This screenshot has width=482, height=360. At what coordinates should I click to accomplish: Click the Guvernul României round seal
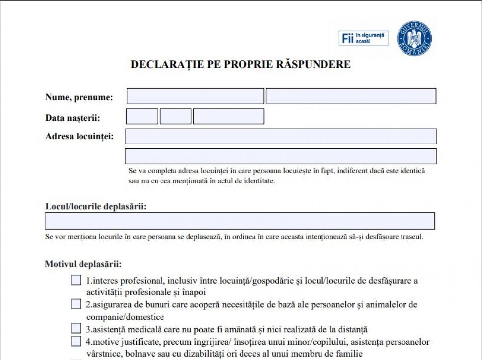(x=414, y=38)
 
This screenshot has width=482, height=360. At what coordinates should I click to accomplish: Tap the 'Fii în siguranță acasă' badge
(x=364, y=38)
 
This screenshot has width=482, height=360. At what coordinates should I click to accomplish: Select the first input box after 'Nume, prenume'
(x=195, y=96)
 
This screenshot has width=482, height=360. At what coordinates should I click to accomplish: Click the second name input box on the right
(x=351, y=96)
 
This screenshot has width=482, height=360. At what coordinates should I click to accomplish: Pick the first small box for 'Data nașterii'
(x=142, y=116)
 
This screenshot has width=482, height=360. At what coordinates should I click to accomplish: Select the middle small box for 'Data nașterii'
(x=175, y=116)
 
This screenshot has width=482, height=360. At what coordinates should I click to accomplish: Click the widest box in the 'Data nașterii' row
(x=229, y=116)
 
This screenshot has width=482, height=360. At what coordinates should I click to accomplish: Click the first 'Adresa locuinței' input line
(x=281, y=137)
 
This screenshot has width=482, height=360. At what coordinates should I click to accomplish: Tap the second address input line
(x=281, y=156)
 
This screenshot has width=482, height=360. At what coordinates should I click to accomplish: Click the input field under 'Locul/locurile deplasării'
(x=240, y=221)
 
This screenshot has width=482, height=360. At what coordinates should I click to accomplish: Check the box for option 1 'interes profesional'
(x=76, y=280)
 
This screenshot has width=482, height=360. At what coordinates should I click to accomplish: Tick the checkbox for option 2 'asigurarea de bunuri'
(x=76, y=304)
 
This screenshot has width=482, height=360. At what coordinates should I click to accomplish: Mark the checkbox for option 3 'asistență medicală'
(x=76, y=328)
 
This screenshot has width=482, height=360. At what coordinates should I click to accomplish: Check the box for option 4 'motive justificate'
(x=76, y=341)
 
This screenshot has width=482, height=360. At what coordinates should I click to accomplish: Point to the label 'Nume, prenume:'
(x=79, y=97)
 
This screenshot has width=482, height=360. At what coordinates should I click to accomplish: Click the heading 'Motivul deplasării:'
(x=83, y=264)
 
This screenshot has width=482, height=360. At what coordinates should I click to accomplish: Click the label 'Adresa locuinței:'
(x=79, y=136)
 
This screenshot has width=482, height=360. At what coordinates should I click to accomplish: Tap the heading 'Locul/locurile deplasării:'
(x=95, y=206)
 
